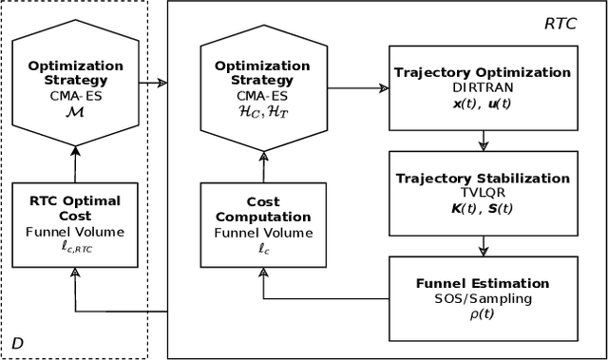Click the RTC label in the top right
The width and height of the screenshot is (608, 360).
(x=572, y=21)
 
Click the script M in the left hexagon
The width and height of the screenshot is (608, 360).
(x=74, y=111)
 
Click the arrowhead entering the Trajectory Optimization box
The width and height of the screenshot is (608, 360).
(x=384, y=88)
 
